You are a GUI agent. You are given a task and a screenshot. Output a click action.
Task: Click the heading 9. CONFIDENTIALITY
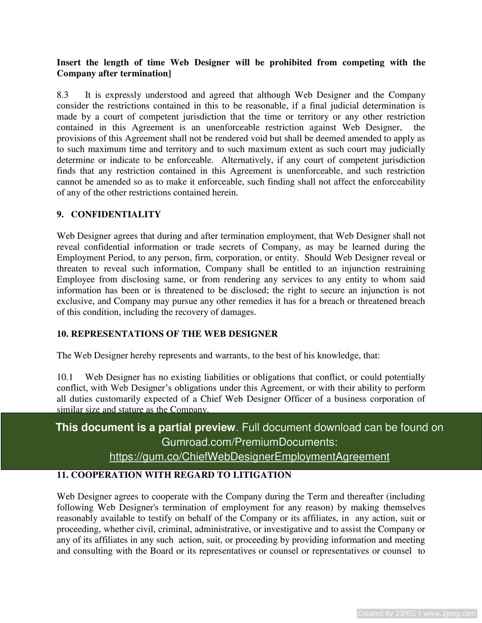point(109,215)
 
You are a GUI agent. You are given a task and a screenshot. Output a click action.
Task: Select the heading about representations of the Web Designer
point(167,334)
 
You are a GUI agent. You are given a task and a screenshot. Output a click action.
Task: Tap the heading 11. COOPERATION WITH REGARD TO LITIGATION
point(174,475)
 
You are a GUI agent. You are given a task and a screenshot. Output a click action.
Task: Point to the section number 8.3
point(63,95)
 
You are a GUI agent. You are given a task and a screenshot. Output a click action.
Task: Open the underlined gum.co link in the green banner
point(249,456)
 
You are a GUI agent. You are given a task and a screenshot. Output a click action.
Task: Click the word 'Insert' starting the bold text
point(69,62)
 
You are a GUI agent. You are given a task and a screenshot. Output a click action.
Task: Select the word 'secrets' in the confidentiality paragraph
point(232,247)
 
